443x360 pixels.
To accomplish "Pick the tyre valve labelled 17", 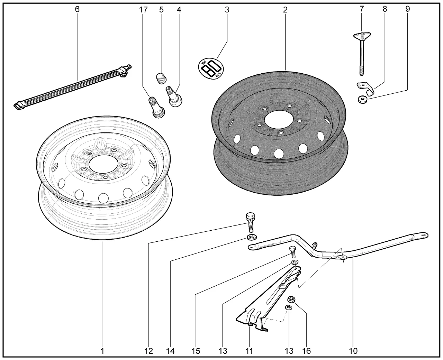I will pyautogui.click(x=156, y=108).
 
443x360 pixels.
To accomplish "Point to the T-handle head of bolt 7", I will pyautogui.click(x=362, y=35).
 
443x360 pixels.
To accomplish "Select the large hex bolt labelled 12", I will pyautogui.click(x=250, y=222).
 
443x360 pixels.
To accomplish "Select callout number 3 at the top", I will pyautogui.click(x=227, y=10).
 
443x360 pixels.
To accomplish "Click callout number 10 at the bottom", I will pyautogui.click(x=353, y=351).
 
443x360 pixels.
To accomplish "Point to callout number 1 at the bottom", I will pyautogui.click(x=102, y=351).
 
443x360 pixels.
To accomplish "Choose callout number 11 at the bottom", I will pyautogui.click(x=249, y=351).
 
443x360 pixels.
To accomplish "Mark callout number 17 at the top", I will pyautogui.click(x=143, y=10).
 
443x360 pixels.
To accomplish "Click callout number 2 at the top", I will pyautogui.click(x=285, y=10).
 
